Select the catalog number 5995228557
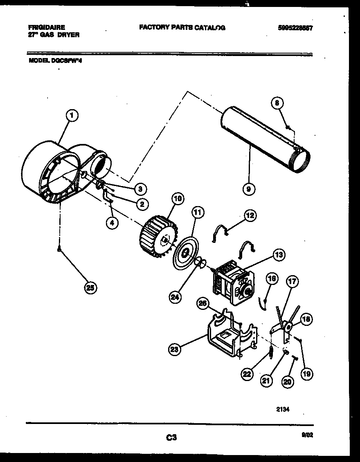coord(297,28)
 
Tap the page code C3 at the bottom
coord(171,438)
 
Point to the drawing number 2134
coord(285,408)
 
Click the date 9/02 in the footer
coord(307,436)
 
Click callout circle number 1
coord(72,117)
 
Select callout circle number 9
coord(249,189)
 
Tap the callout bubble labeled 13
coord(279,255)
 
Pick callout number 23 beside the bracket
coord(175,349)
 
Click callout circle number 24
coord(175,297)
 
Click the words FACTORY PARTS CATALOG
coord(182,28)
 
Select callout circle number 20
coord(288,381)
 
